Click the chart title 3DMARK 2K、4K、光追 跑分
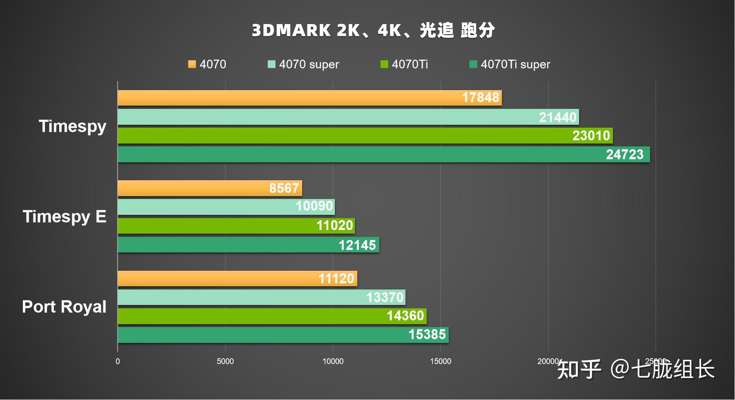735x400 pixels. click(x=373, y=31)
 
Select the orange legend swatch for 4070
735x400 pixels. click(x=192, y=64)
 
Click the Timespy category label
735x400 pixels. click(x=72, y=126)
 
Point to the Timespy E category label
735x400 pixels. click(x=65, y=217)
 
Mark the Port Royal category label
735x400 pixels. click(x=64, y=307)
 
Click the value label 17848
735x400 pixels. click(x=480, y=98)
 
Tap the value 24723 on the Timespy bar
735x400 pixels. click(x=624, y=155)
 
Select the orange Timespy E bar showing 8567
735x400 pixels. click(x=209, y=188)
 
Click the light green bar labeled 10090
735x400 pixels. click(x=226, y=207)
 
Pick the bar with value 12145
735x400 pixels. click(x=248, y=245)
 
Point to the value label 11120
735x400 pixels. click(x=336, y=279)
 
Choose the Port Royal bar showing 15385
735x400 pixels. click(x=283, y=335)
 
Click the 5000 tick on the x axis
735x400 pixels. click(x=225, y=361)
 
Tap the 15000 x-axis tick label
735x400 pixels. click(x=440, y=361)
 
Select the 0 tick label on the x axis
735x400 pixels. click(x=118, y=361)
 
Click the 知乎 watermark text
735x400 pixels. click(x=579, y=369)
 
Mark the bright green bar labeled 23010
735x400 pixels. click(x=365, y=136)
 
